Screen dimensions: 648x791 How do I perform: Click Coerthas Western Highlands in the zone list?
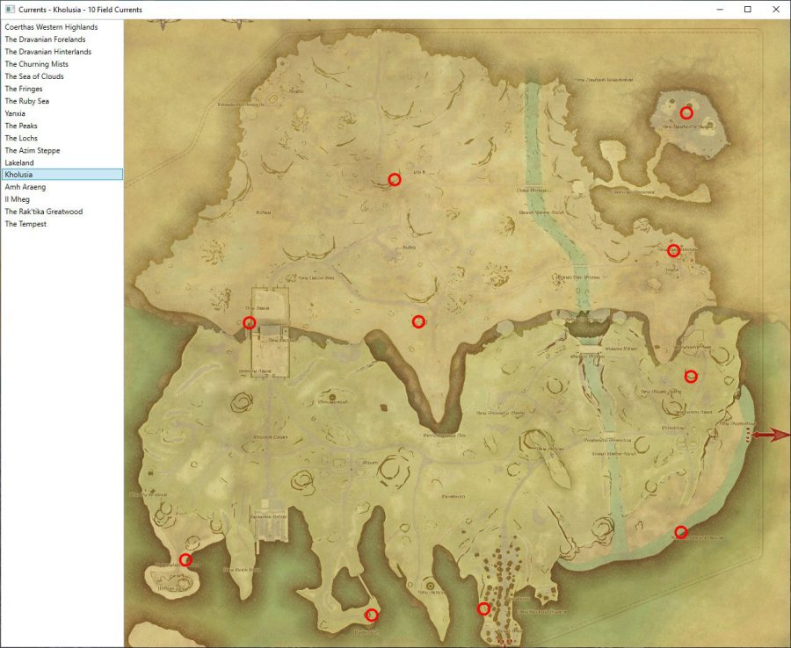tap(51, 27)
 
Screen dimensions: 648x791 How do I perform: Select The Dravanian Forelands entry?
tap(46, 40)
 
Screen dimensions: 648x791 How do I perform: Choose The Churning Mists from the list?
tap(37, 64)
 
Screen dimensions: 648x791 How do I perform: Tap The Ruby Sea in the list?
tap(27, 101)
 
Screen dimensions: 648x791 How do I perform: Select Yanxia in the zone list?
tap(15, 113)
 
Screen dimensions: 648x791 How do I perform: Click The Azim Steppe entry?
tap(33, 150)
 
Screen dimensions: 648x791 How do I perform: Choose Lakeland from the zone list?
tap(19, 162)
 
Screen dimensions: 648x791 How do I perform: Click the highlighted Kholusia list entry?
tap(18, 175)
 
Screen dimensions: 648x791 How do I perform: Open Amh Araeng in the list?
tap(25, 187)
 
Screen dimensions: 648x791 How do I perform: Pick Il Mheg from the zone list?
tap(18, 199)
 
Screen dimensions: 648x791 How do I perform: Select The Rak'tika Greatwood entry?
tap(44, 212)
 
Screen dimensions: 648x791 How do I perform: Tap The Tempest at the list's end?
tap(25, 224)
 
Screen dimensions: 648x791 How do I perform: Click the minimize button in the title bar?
tap(722, 9)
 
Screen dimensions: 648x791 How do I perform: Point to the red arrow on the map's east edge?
tap(771, 435)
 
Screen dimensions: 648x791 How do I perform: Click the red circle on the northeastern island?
tap(686, 112)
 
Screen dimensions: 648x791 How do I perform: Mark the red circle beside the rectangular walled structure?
tap(250, 323)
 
